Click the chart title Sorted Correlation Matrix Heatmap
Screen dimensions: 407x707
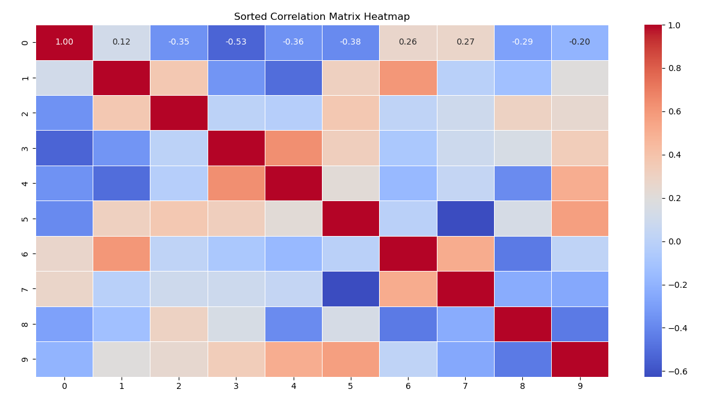click(x=322, y=17)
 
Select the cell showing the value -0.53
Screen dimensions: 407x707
click(x=236, y=42)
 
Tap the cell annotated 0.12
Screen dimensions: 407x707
click(x=122, y=42)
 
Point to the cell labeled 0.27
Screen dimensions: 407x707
click(x=465, y=42)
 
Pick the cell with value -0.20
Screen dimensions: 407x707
click(x=579, y=42)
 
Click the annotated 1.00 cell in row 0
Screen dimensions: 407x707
click(x=64, y=42)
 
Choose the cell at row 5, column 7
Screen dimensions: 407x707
click(x=465, y=219)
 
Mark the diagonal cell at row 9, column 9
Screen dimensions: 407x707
click(x=579, y=359)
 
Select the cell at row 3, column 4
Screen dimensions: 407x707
click(x=294, y=148)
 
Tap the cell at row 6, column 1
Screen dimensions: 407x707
click(x=122, y=253)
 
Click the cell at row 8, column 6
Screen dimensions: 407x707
click(x=408, y=324)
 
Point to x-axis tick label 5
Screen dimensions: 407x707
click(x=351, y=386)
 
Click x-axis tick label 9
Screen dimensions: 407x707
click(x=579, y=386)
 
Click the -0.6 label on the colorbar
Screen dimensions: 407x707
click(x=676, y=371)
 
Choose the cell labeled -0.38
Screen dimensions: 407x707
click(x=351, y=42)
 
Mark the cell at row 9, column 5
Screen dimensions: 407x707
click(x=351, y=359)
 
